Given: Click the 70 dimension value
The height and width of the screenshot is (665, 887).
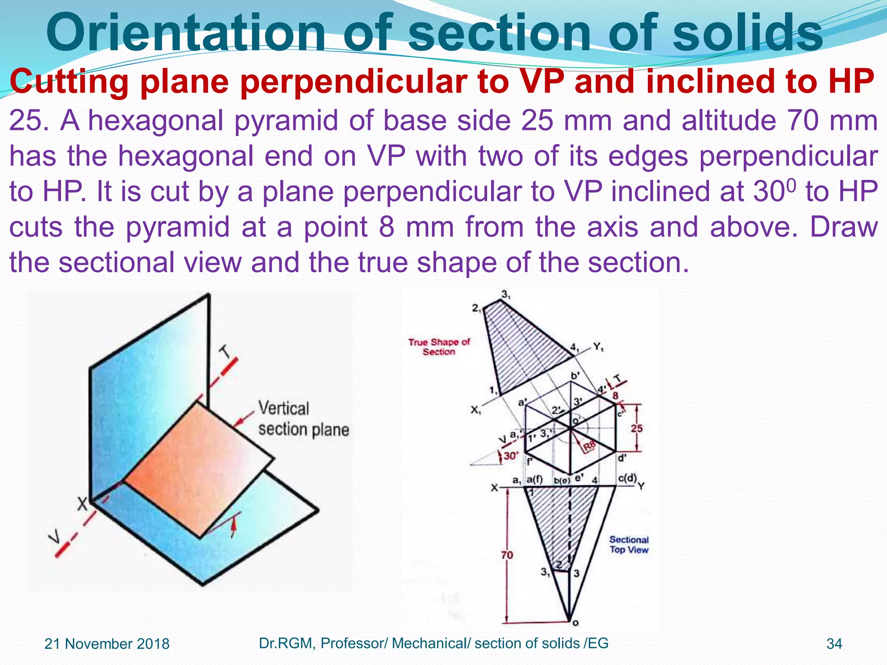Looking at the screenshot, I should (507, 555).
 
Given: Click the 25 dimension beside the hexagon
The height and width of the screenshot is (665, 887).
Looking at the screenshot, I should (636, 428).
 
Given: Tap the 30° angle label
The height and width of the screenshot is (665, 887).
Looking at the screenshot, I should (511, 455).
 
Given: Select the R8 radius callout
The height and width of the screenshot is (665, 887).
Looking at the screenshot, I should (589, 446).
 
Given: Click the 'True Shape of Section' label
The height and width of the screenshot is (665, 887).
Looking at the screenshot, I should (439, 347).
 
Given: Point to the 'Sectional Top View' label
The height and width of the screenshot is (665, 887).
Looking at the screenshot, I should (629, 545).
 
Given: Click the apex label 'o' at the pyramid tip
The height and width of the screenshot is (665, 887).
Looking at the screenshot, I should (576, 623).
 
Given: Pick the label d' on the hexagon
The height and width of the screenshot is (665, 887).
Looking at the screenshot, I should (622, 458).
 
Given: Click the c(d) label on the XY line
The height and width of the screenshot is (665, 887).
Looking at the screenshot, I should (627, 478).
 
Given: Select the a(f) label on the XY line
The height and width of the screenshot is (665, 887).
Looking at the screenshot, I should (534, 479).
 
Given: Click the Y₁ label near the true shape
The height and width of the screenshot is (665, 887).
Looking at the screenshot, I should (599, 346).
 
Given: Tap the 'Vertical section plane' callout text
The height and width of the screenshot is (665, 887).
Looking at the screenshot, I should (303, 419).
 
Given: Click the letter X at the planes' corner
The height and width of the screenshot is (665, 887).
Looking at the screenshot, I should (82, 504).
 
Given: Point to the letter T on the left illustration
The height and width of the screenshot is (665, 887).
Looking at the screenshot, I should (225, 352).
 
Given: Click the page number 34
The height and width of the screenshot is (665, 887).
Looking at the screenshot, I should (834, 644).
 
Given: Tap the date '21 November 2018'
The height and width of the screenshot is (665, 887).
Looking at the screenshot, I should (107, 644).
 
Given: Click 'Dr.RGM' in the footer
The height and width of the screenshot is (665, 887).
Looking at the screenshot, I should (287, 643).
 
